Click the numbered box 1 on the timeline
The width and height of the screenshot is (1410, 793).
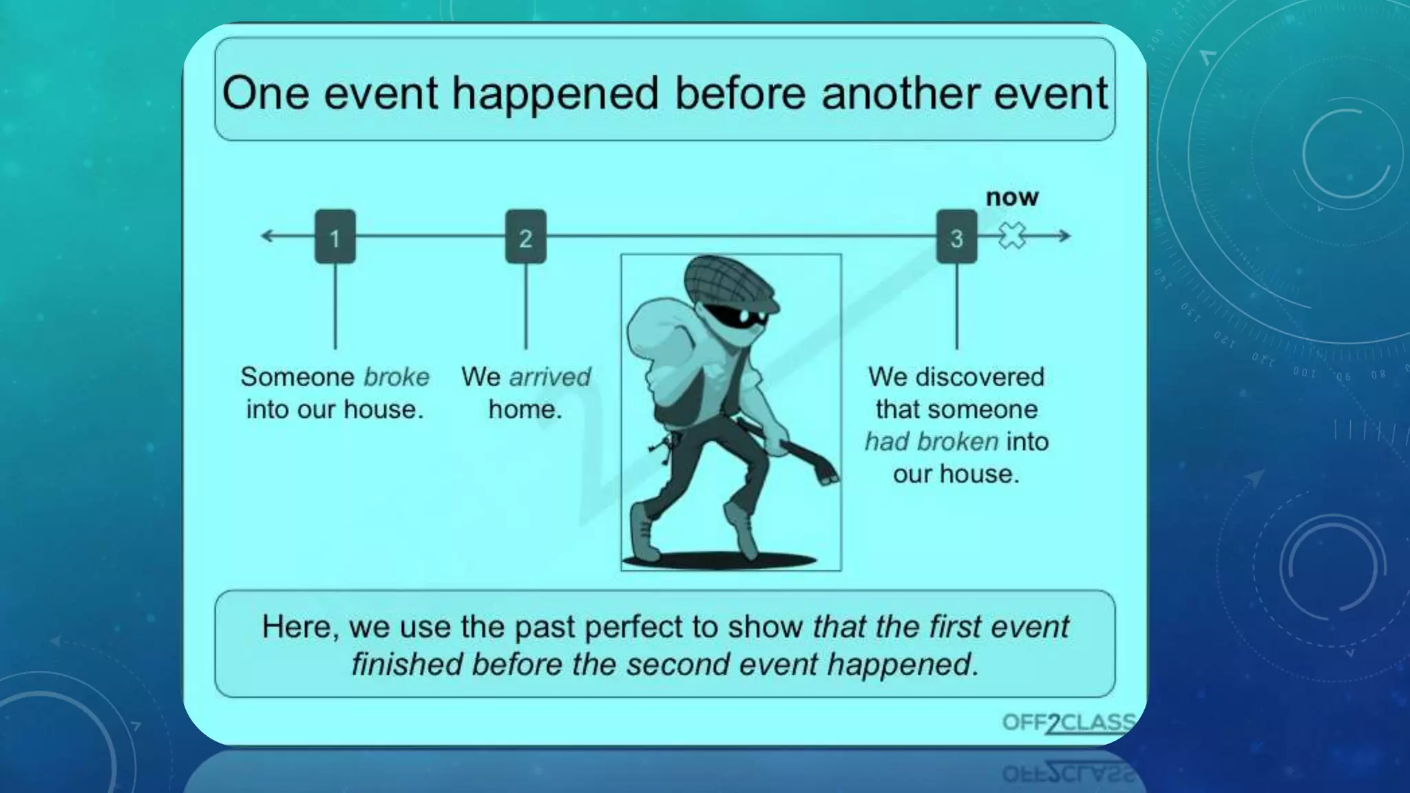pos(335,237)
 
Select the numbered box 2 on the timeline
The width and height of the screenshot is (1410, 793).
pos(525,237)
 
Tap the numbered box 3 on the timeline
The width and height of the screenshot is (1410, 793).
pos(956,237)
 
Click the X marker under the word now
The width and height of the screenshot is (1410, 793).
pos(1012,235)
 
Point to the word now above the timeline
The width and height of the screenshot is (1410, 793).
pos(1011,197)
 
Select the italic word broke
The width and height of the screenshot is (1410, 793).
pos(396,377)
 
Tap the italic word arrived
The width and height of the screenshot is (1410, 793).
pos(549,377)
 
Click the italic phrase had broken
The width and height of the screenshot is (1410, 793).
pos(931,441)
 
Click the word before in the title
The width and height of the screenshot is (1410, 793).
pos(740,93)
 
